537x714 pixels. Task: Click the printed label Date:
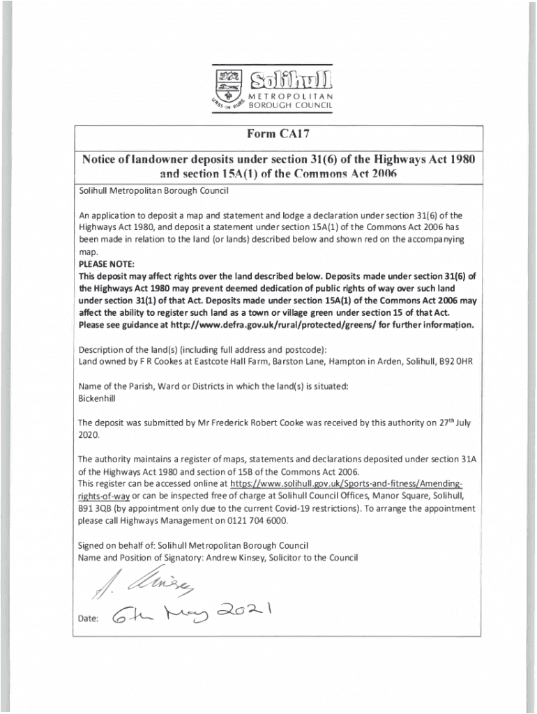tap(89, 618)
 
